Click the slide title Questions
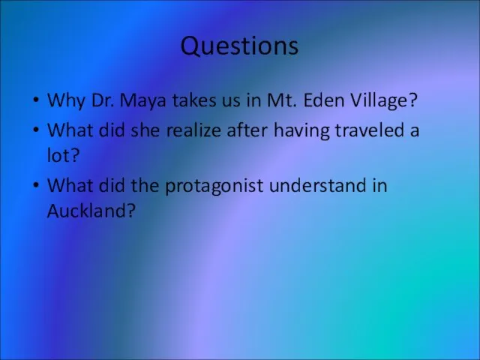point(239,46)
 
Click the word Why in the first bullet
point(66,100)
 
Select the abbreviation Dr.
point(103,100)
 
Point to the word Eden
point(323,100)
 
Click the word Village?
point(383,100)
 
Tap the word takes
point(194,100)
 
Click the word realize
point(193,130)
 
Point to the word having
point(301,130)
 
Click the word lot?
point(63,155)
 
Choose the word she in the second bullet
point(145,130)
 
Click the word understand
point(318,185)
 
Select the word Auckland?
point(91,210)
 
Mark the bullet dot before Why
point(36,100)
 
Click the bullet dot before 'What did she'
point(36,130)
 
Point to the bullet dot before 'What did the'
point(36,185)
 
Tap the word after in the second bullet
point(247,130)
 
